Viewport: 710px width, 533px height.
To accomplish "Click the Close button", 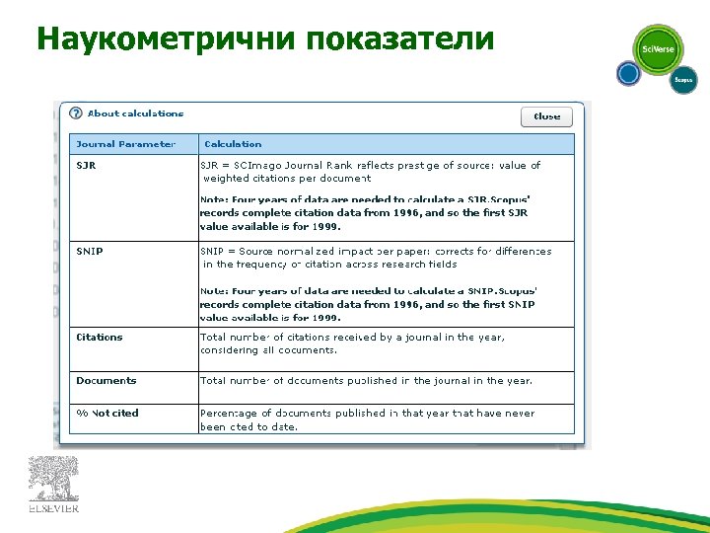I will click(546, 116).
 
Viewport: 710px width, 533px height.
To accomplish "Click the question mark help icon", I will click(76, 114).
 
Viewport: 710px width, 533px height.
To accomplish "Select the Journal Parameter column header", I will click(126, 144).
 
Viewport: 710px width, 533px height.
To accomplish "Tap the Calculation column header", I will click(232, 144).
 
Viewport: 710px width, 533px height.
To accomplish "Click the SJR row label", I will click(87, 166).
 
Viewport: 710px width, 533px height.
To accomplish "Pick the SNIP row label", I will click(90, 252).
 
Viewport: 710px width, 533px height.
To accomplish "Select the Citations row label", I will click(100, 338).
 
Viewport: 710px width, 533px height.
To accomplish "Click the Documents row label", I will click(106, 381).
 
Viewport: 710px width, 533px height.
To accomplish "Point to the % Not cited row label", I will click(107, 414).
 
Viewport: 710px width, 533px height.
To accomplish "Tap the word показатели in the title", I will click(399, 38).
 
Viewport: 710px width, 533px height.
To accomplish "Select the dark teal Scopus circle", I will click(683, 80).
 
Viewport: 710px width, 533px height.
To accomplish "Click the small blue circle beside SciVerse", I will click(628, 73).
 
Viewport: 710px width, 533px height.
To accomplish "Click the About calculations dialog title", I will click(135, 114).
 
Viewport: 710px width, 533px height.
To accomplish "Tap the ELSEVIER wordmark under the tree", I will click(53, 509).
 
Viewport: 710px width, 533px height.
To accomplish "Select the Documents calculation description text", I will click(366, 381).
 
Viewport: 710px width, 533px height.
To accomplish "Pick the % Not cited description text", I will click(367, 420).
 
